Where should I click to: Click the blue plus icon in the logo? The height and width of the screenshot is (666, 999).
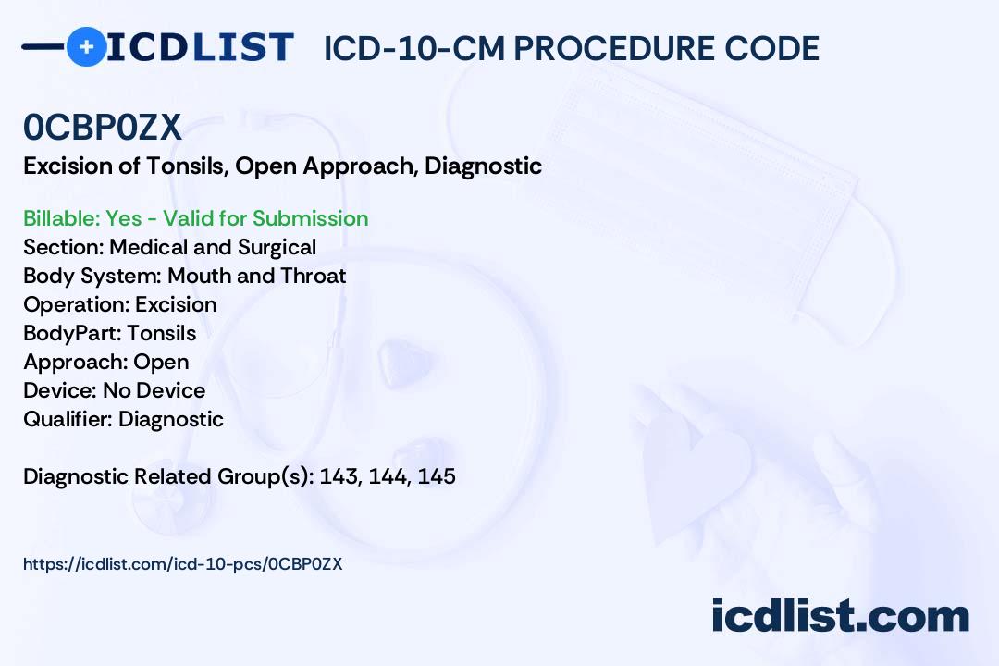click(86, 47)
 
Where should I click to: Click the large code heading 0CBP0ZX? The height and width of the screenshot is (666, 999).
click(103, 127)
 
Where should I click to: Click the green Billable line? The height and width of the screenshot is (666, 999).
click(195, 218)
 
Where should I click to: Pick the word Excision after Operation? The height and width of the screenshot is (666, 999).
click(176, 304)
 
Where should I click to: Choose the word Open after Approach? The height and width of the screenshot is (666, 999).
click(161, 362)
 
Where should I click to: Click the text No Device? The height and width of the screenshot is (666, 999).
click(154, 390)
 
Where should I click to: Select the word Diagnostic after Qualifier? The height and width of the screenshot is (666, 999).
click(171, 419)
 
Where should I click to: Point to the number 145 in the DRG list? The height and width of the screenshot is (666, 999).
click(437, 476)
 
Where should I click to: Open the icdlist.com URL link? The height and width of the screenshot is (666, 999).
click(183, 564)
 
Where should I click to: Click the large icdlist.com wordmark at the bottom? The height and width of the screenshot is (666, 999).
click(840, 615)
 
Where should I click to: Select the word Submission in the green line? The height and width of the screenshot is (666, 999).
click(310, 218)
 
